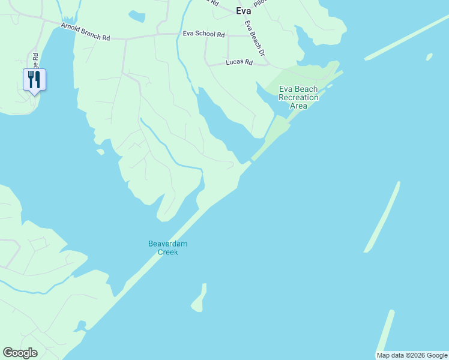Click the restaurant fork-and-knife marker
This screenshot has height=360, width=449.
coord(34,80)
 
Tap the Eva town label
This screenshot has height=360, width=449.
coord(244,11)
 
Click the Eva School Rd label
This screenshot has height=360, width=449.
coord(203,34)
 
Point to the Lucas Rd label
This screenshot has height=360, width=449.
coord(239,62)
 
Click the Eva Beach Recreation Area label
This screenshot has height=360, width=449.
coord(298,97)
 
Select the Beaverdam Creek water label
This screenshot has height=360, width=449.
coord(163,248)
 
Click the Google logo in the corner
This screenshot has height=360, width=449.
coord(20,353)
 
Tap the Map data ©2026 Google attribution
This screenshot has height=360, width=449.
coord(412,355)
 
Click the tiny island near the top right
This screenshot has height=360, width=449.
coord(429,57)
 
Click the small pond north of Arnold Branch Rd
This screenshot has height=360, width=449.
coord(137,17)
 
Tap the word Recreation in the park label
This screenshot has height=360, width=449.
coord(298,97)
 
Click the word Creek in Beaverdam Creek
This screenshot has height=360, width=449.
coord(167,252)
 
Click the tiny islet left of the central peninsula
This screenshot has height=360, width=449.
coord(100,152)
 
